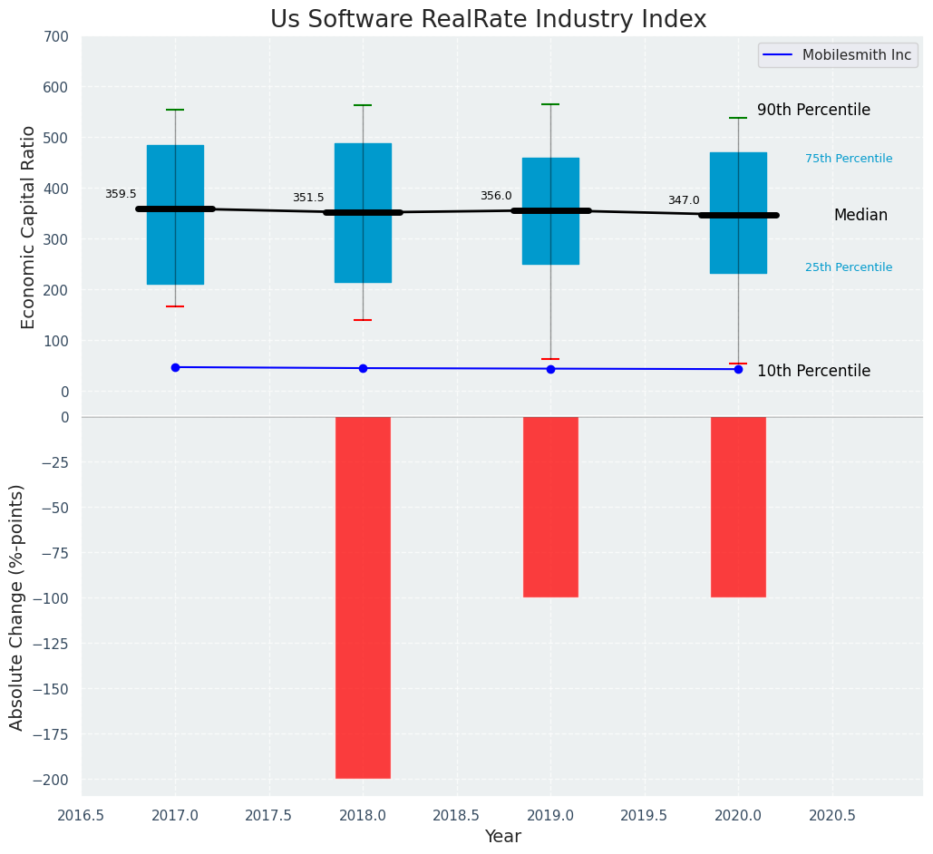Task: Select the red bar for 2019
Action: [550, 507]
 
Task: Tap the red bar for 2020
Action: [738, 507]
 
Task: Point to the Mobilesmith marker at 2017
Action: [175, 367]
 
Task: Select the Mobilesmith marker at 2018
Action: [363, 368]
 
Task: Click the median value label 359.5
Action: [121, 194]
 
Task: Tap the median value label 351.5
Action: [308, 198]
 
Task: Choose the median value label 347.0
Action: [684, 200]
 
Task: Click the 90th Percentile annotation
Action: [813, 110]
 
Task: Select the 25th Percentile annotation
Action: [849, 267]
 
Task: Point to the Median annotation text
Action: [860, 215]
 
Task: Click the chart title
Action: [488, 19]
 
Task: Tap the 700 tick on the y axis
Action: [55, 37]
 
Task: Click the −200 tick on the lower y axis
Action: [52, 780]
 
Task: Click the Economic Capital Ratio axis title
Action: [28, 227]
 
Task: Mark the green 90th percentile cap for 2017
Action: [175, 110]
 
